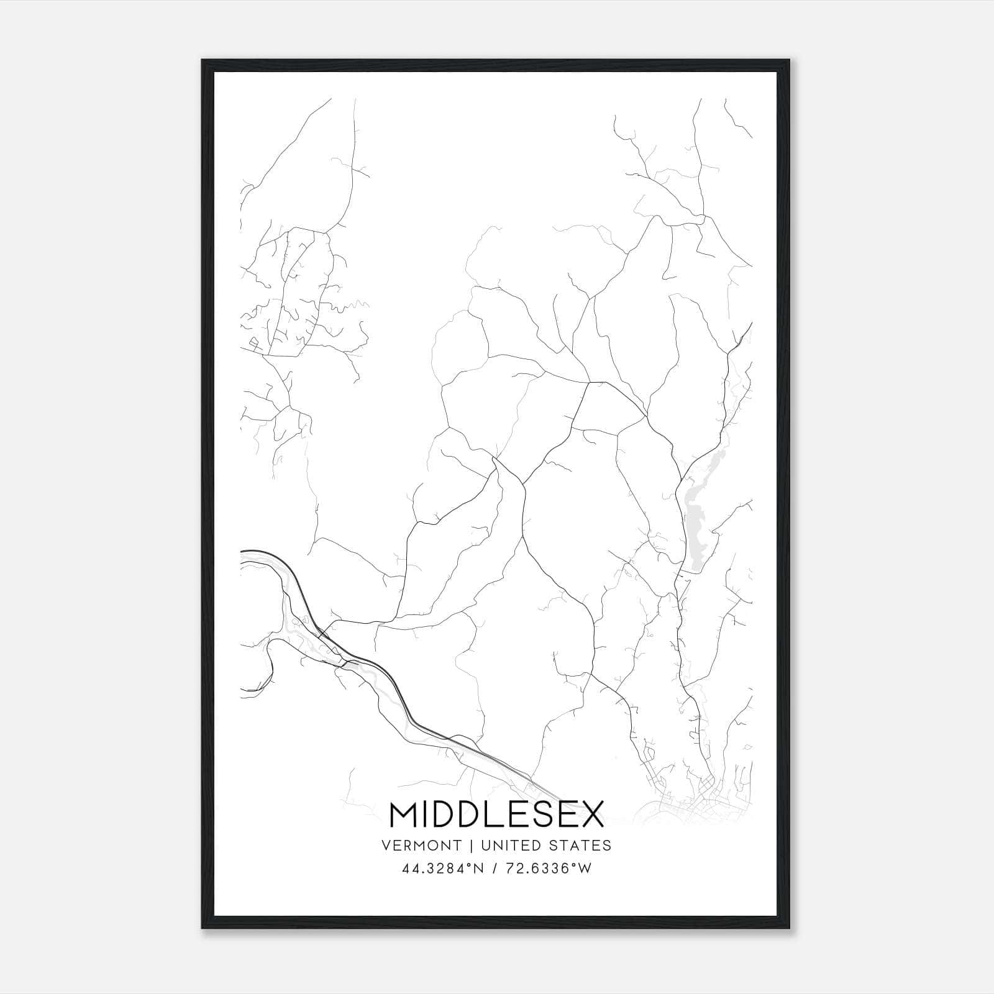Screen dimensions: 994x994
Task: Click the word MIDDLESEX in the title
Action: (x=496, y=814)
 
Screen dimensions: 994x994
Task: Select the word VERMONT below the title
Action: (x=422, y=846)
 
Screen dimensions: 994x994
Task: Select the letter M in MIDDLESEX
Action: (x=403, y=814)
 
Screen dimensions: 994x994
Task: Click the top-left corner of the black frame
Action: (x=203, y=61)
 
